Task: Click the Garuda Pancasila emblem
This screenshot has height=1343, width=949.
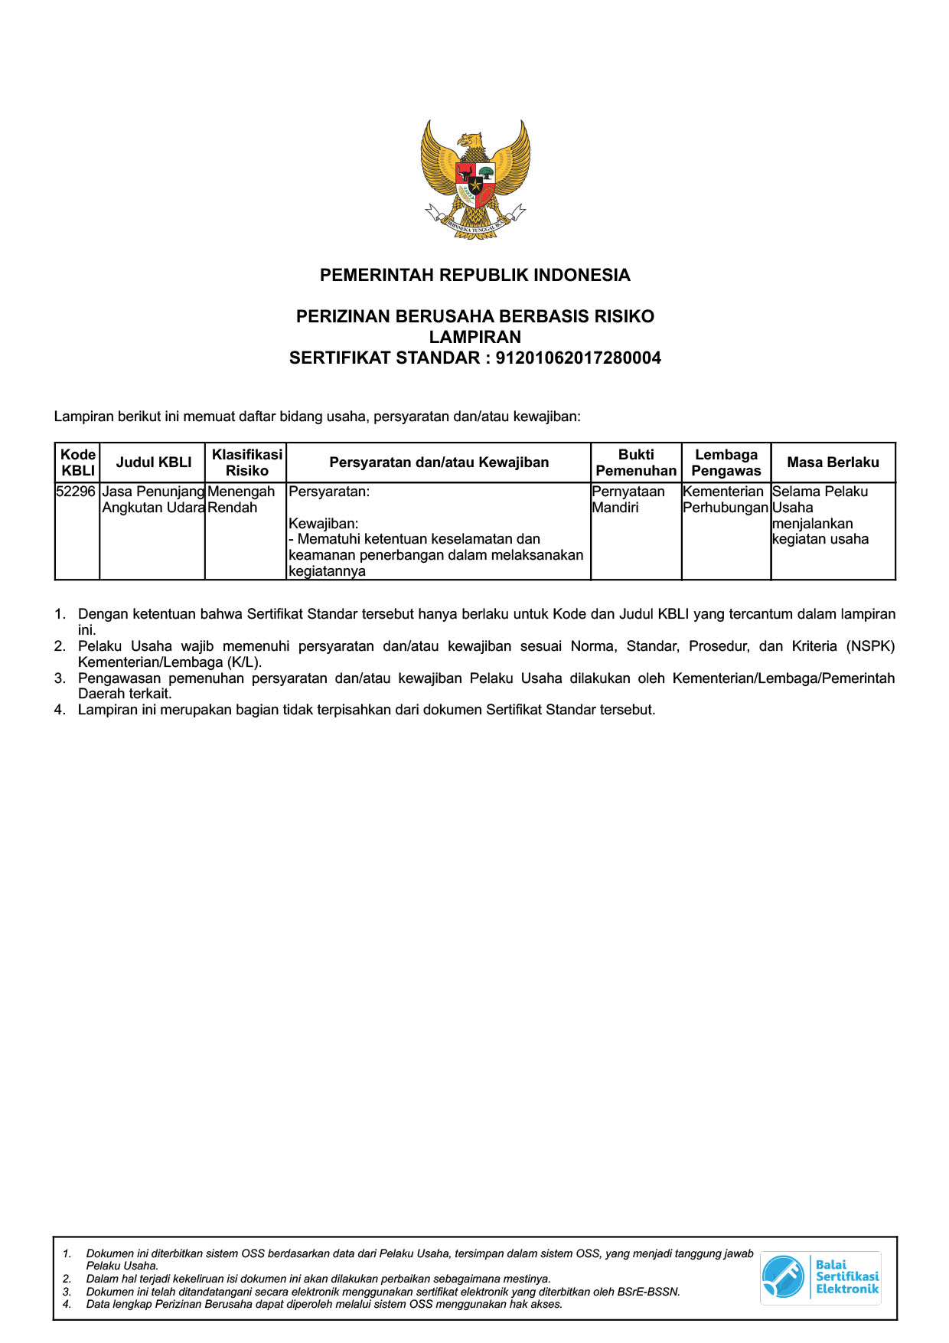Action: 475,181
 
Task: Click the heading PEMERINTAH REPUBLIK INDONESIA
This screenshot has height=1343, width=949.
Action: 475,275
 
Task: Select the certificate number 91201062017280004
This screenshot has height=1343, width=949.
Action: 578,358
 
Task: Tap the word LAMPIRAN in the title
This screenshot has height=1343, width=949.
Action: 475,337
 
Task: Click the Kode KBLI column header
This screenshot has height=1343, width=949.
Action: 77,462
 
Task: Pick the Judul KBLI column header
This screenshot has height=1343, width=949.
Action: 153,462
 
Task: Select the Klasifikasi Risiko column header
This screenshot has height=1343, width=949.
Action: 246,462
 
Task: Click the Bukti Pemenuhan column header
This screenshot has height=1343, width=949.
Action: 636,462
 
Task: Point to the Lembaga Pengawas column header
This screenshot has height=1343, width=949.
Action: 726,462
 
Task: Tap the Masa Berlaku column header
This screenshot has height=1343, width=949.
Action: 833,462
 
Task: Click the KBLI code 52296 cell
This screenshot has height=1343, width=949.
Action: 76,492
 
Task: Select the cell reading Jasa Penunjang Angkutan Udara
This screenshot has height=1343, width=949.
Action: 153,499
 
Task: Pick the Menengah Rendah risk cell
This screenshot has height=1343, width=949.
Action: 240,499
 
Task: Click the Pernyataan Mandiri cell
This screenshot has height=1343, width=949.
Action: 628,499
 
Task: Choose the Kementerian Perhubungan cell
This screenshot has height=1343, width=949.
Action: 724,499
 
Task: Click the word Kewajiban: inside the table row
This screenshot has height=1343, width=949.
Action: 323,524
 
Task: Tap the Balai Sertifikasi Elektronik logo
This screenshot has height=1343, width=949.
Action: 820,1276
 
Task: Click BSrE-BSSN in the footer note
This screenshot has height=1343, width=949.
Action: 648,1292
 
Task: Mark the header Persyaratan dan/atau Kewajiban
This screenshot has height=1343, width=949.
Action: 439,462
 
